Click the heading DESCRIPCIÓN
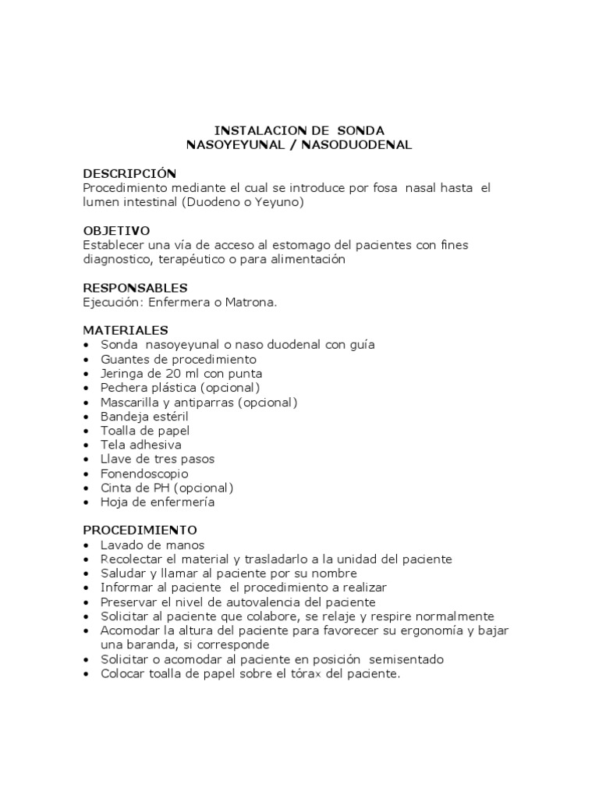click(129, 173)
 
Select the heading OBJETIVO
click(116, 231)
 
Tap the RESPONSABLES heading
click(135, 288)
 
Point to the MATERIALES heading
click(126, 330)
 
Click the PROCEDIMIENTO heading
click(140, 531)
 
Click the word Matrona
click(250, 302)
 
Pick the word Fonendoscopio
click(144, 474)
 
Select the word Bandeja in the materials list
click(123, 417)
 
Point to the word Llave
click(115, 460)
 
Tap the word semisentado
click(406, 659)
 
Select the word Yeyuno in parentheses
click(278, 202)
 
